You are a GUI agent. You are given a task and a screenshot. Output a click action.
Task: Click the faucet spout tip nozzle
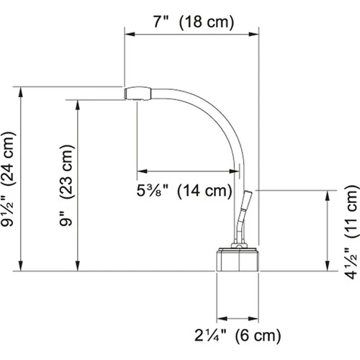138,94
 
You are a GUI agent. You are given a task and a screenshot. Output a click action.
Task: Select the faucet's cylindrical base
238,261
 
